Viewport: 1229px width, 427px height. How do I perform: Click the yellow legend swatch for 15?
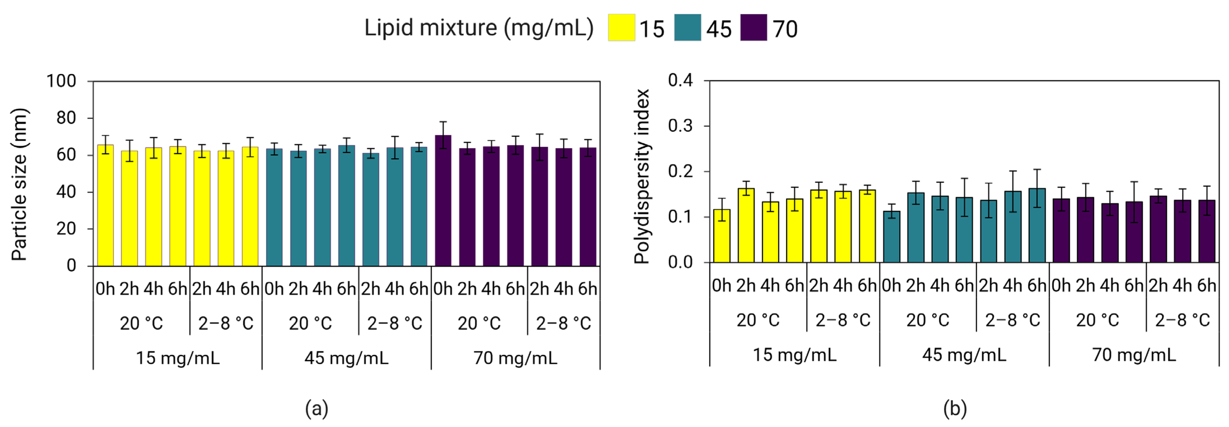pos(621,28)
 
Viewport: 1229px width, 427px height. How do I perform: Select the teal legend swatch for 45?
pos(688,28)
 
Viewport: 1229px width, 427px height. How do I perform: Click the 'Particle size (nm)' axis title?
pos(19,184)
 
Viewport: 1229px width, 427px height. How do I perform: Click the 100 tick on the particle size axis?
pos(61,81)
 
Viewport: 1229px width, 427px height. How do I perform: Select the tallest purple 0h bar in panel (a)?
pos(443,201)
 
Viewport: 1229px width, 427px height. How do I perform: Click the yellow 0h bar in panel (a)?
pos(105,205)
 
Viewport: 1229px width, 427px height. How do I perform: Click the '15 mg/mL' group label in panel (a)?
pos(178,358)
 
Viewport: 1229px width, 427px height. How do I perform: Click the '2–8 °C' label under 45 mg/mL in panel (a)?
pos(395,323)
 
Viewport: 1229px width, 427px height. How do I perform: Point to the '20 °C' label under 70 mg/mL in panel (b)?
pos(1097,320)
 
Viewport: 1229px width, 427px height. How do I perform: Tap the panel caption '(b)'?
pos(955,409)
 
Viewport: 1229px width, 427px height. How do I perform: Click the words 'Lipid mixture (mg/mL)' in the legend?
pos(479,28)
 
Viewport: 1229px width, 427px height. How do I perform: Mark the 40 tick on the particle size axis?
pos(66,192)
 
